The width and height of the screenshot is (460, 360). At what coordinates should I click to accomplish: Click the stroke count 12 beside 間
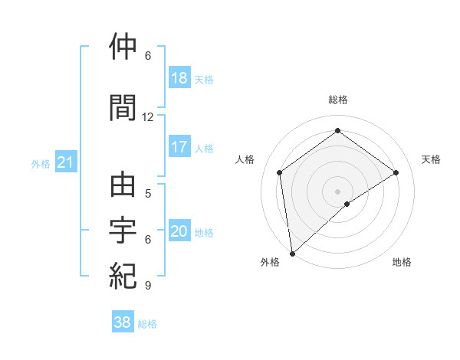click(x=148, y=117)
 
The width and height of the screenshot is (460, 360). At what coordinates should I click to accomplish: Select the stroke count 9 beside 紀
click(x=147, y=286)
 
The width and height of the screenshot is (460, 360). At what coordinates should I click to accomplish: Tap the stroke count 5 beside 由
click(x=147, y=194)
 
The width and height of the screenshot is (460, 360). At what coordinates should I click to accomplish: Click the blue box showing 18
click(x=179, y=78)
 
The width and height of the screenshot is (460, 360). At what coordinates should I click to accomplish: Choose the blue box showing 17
click(x=179, y=147)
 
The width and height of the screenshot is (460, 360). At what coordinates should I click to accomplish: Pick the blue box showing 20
click(x=179, y=231)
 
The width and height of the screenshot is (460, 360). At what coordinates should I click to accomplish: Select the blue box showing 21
click(x=66, y=162)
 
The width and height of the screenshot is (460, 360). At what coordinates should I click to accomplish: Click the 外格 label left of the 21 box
click(x=41, y=163)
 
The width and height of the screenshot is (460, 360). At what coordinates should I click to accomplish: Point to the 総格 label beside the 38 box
click(x=147, y=324)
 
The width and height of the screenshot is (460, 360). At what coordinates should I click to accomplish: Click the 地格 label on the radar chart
click(x=402, y=262)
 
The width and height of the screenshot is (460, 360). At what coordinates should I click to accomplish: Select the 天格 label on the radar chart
click(x=431, y=159)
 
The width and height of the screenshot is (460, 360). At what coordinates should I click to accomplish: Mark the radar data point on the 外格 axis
click(x=292, y=253)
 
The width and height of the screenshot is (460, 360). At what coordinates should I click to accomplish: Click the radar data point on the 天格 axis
click(x=396, y=172)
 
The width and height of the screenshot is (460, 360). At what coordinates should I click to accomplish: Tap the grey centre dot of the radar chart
click(x=337, y=191)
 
